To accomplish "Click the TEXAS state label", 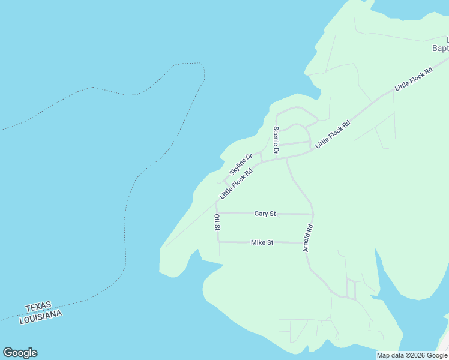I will [x=38, y=307].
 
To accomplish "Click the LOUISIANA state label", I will [x=41, y=316].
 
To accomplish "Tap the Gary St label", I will [x=265, y=214].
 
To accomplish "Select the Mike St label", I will [x=262, y=242].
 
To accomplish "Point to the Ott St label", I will [x=217, y=222].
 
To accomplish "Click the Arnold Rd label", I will [x=309, y=238].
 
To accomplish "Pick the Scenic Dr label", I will [x=276, y=140].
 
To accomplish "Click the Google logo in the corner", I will [x=20, y=352].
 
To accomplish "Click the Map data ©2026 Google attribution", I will [x=412, y=355].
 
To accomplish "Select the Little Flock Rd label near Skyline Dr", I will [x=235, y=183].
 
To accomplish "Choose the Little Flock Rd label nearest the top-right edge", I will [x=414, y=79].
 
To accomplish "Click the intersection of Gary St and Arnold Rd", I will [x=313, y=214].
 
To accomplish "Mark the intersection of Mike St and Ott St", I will [x=218, y=242].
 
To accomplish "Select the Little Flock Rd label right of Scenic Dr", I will [x=333, y=135].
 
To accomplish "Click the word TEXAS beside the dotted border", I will [x=38, y=307].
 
